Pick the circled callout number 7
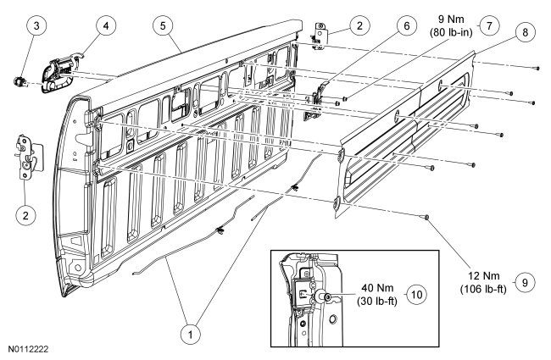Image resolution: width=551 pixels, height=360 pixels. (487, 26)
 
